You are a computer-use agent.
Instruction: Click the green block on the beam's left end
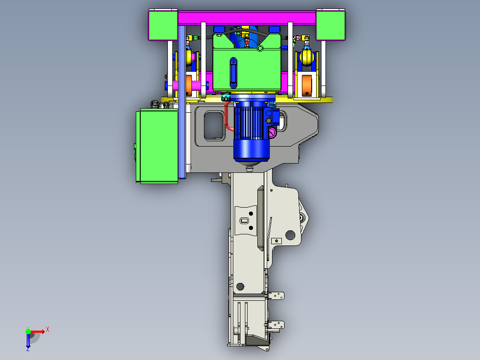pos(163,25)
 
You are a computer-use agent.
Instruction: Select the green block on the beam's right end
pos(330,25)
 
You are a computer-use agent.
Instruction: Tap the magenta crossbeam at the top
pos(247,18)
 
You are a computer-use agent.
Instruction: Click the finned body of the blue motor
pos(248,123)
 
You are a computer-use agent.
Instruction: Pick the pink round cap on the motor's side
pos(273,132)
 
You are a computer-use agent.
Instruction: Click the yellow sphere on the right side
pos(307,57)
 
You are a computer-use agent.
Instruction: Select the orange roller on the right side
pos(307,85)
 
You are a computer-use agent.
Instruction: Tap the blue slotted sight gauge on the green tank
pos(233,73)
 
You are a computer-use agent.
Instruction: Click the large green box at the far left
pos(157,146)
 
